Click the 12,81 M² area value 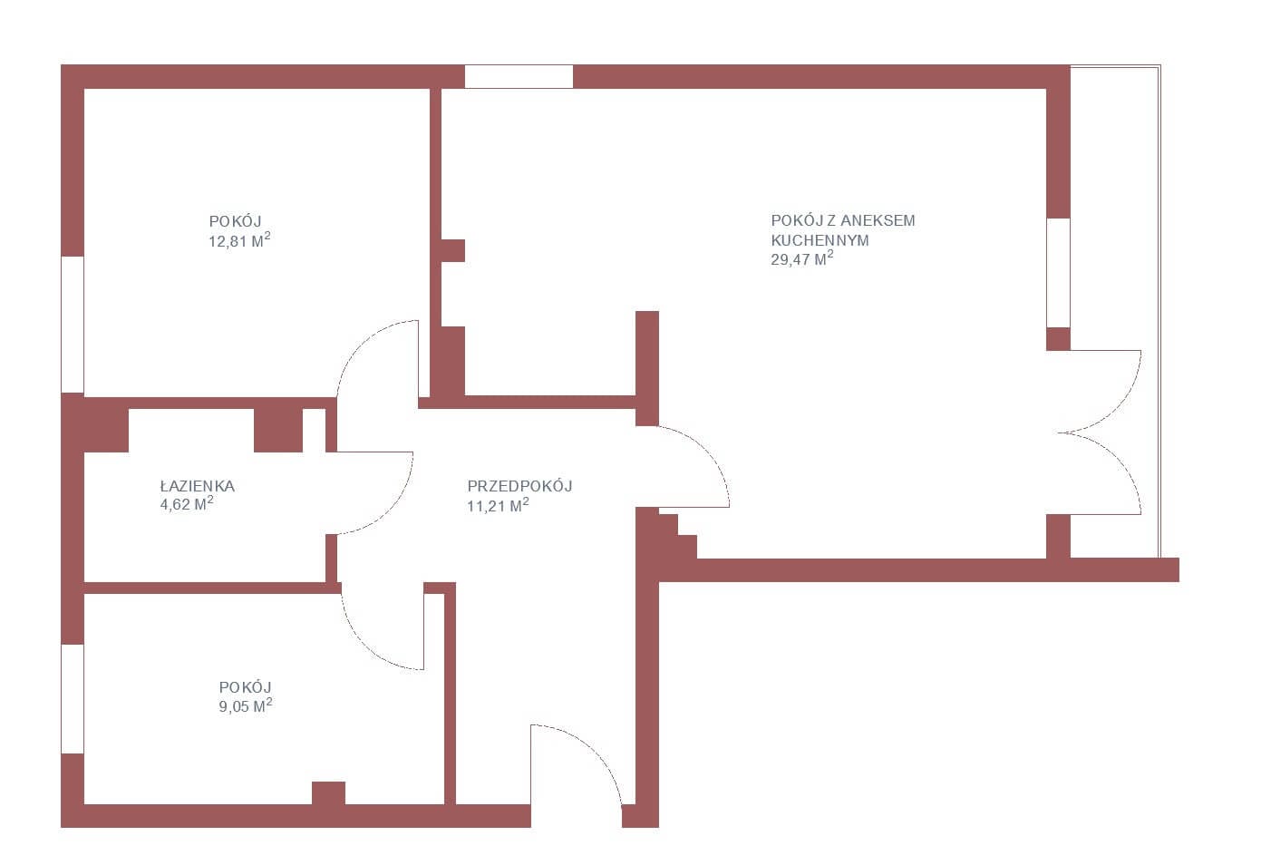(239, 240)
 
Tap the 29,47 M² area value (801, 258)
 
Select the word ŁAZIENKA (197, 486)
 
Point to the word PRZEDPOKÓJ (519, 486)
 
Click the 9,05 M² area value (246, 705)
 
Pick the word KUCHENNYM (820, 240)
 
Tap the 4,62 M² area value (187, 503)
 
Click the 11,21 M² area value (498, 505)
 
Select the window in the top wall (519, 76)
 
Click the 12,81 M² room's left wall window (73, 325)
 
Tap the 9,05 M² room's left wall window (73, 699)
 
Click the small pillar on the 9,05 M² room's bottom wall (329, 792)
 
